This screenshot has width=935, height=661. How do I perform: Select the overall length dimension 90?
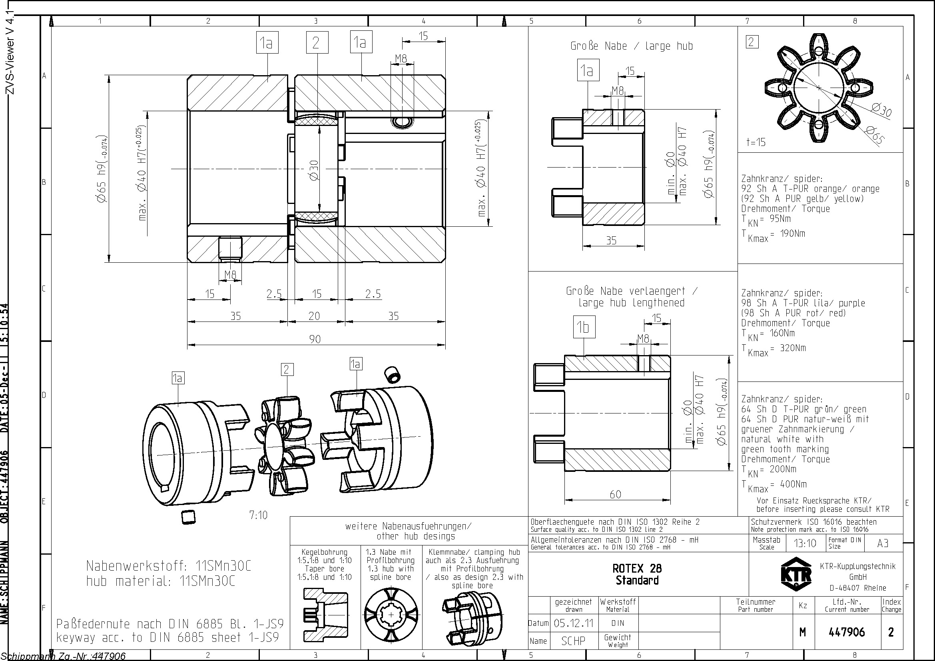click(x=315, y=339)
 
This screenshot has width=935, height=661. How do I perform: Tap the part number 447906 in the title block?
click(x=847, y=632)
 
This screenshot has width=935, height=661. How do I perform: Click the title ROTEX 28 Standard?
click(x=637, y=574)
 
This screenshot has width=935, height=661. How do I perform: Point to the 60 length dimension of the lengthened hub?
click(x=615, y=494)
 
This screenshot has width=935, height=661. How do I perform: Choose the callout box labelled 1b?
click(x=584, y=327)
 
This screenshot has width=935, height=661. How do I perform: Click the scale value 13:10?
click(x=805, y=543)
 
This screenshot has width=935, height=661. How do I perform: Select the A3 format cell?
click(x=883, y=543)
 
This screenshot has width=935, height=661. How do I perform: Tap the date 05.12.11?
click(x=573, y=623)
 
